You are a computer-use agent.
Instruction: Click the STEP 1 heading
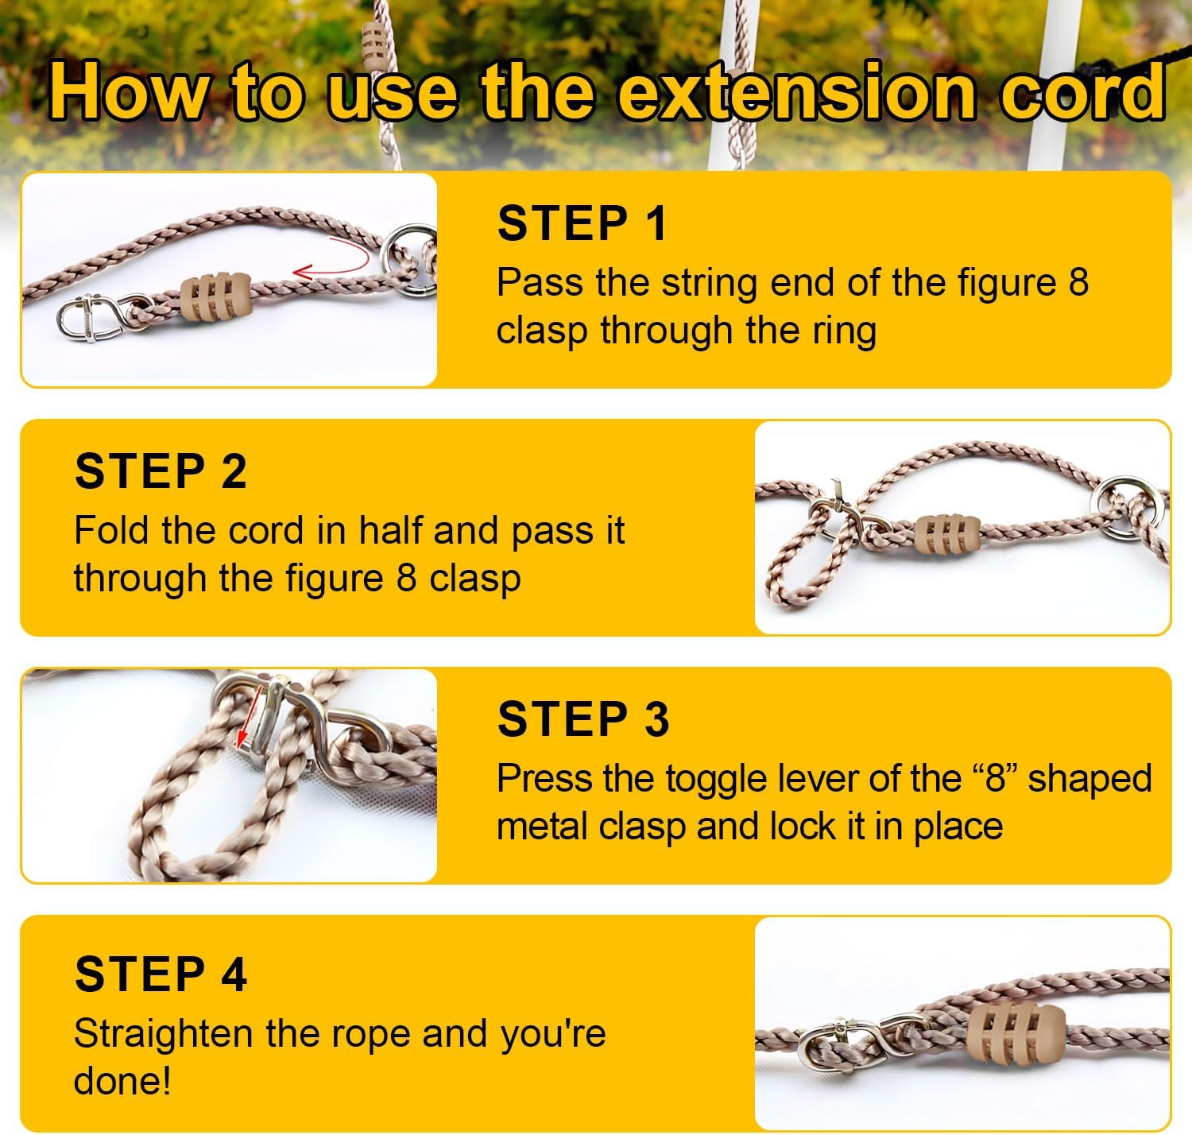(x=582, y=223)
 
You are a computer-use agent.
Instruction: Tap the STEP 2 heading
(x=161, y=471)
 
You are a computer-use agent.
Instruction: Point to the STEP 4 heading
(x=161, y=974)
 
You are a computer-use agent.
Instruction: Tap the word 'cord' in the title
(x=1082, y=91)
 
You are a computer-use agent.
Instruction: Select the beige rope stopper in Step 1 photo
(x=215, y=297)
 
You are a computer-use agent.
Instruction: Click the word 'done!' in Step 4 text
(x=122, y=1081)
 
